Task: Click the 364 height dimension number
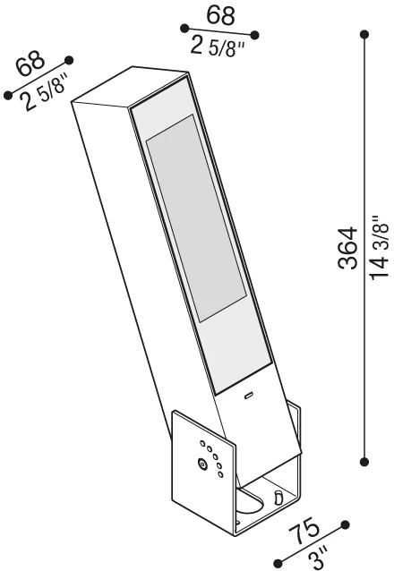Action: click(x=347, y=248)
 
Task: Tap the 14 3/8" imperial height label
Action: click(x=380, y=248)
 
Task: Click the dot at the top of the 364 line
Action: click(x=364, y=35)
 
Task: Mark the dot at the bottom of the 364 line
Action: click(x=364, y=462)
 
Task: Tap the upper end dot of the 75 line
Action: click(x=345, y=524)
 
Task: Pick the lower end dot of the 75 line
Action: click(x=278, y=562)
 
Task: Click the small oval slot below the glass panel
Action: click(x=249, y=396)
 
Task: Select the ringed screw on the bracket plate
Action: click(x=201, y=464)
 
